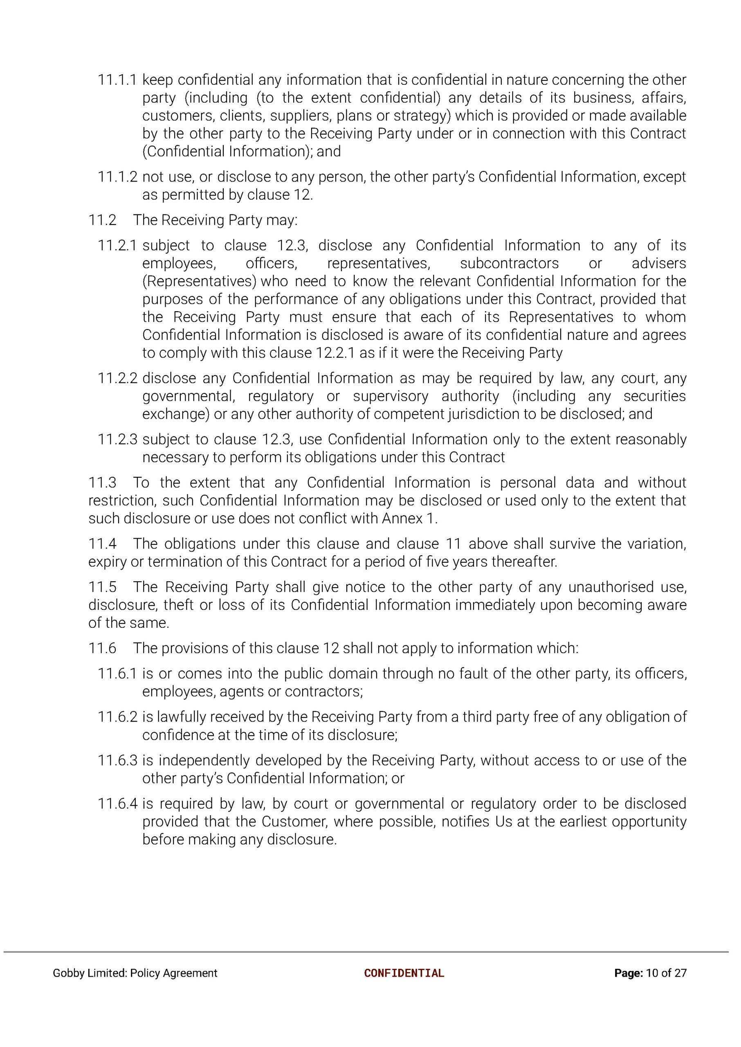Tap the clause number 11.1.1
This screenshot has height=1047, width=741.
tap(117, 80)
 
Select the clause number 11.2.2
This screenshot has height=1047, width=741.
tap(117, 378)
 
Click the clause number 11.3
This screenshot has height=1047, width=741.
tap(102, 483)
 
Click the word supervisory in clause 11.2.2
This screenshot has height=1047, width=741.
tap(391, 396)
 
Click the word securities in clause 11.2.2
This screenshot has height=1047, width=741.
tap(654, 396)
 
